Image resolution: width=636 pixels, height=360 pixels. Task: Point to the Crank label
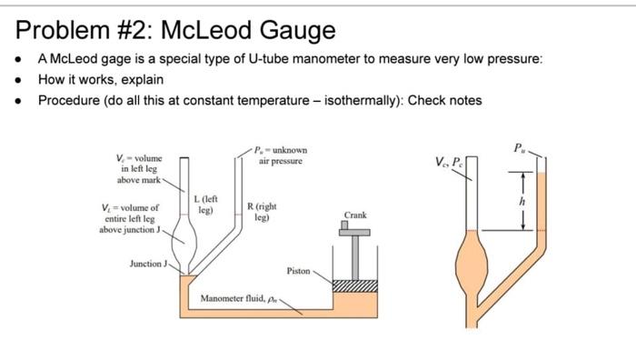click(x=355, y=215)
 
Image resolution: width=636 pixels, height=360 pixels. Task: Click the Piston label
click(x=298, y=271)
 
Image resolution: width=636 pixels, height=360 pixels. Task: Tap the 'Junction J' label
click(x=148, y=264)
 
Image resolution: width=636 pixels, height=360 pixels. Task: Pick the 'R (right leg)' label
click(x=263, y=212)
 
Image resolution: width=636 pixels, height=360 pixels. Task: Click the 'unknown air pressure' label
click(x=282, y=155)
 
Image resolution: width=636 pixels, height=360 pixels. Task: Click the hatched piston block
click(x=355, y=287)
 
